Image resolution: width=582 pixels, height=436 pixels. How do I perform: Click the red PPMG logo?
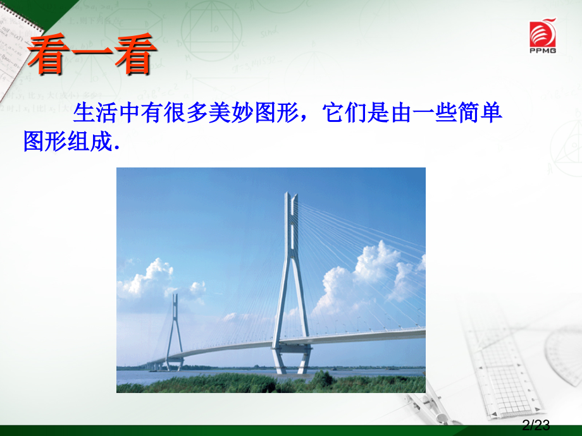click(x=543, y=35)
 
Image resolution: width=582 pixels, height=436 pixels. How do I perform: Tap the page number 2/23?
click(x=536, y=425)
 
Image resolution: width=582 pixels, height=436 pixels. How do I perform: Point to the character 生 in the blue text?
click(x=84, y=112)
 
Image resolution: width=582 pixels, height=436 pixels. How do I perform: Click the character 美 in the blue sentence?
click(x=220, y=112)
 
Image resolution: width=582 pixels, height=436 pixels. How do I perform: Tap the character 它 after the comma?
click(x=333, y=112)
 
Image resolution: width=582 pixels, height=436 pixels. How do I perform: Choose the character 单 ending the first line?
click(x=491, y=112)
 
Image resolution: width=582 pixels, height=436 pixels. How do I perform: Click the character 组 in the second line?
click(x=79, y=141)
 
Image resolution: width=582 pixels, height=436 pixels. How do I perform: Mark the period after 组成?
click(x=117, y=148)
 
